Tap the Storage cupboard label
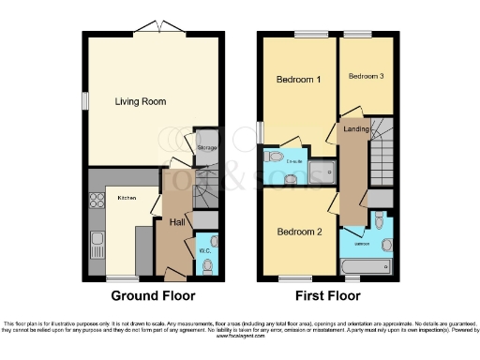[207, 147]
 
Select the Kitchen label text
[127, 198]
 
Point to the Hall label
[176, 222]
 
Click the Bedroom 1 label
[298, 81]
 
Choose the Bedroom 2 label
[298, 231]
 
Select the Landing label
[356, 128]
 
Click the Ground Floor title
[153, 295]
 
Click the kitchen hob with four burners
[95, 199]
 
